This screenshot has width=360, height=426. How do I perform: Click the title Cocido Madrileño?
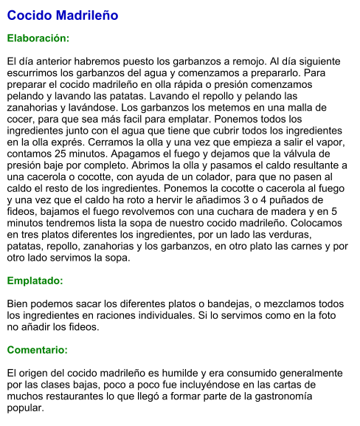tap(63, 16)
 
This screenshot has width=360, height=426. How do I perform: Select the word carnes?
tap(310, 247)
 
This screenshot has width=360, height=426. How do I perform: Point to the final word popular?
tap(25, 408)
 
